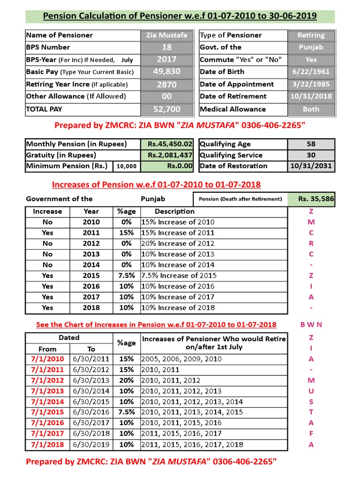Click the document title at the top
coord(180,16)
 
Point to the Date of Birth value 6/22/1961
coord(311,72)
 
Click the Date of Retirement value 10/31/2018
coord(311,96)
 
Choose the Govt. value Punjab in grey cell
coord(311,47)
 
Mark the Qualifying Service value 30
coord(311,155)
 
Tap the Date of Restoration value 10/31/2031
coord(311,166)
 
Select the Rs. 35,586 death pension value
coord(316,199)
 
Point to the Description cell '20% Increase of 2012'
coord(178,243)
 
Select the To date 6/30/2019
coord(91,444)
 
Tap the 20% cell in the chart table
coord(126,380)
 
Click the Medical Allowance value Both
coord(311,109)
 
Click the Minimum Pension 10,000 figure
coord(127,166)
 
